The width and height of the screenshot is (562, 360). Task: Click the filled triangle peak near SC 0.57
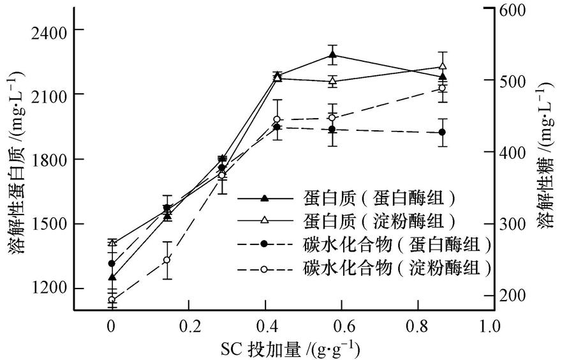point(332,55)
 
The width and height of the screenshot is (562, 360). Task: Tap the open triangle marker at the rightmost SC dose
point(443,66)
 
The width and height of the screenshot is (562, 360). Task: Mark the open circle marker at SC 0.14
point(167,260)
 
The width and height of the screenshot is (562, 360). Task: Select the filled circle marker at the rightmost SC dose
point(442,132)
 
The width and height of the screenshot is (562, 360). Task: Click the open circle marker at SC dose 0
point(112,299)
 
